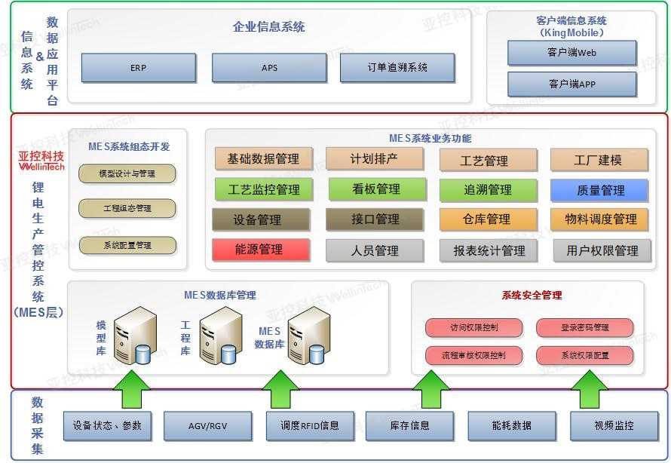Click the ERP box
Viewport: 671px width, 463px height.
[138, 68]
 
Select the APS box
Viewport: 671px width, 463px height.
[269, 68]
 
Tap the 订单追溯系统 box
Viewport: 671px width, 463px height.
[397, 68]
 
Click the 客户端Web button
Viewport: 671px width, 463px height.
[571, 54]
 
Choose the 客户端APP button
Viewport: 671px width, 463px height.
[571, 84]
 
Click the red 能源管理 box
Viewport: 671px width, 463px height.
[261, 250]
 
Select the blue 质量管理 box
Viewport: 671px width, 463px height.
[599, 190]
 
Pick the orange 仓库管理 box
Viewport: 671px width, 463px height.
[488, 219]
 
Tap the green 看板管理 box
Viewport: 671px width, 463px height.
[375, 189]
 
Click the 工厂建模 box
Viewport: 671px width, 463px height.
[599, 160]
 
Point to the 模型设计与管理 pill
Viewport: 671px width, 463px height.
[127, 174]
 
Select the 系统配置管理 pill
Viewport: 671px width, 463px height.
[127, 245]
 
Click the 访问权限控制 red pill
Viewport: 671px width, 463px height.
[473, 328]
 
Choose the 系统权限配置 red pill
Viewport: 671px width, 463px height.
[584, 355]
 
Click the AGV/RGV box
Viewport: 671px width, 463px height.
[207, 426]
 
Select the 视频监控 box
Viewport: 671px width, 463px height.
[613, 426]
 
